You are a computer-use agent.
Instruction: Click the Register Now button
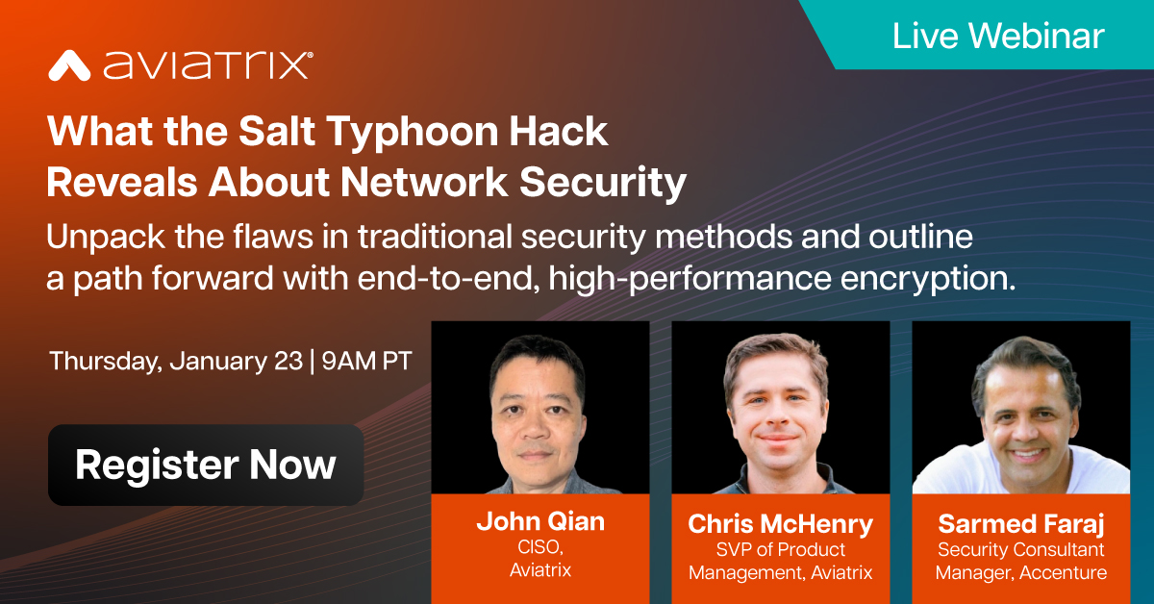(x=205, y=465)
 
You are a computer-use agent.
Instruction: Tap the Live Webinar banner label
(x=998, y=36)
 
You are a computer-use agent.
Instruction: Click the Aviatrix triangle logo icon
(x=68, y=65)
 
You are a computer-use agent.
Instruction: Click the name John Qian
(x=540, y=522)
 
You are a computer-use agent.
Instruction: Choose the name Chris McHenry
(x=780, y=524)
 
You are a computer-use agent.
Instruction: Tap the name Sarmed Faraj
(x=1021, y=524)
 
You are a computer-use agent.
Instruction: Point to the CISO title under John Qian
(x=540, y=548)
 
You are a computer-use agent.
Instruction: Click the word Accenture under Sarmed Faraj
(x=1063, y=572)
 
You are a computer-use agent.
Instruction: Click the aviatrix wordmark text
(x=206, y=65)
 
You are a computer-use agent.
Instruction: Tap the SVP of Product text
(x=780, y=549)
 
